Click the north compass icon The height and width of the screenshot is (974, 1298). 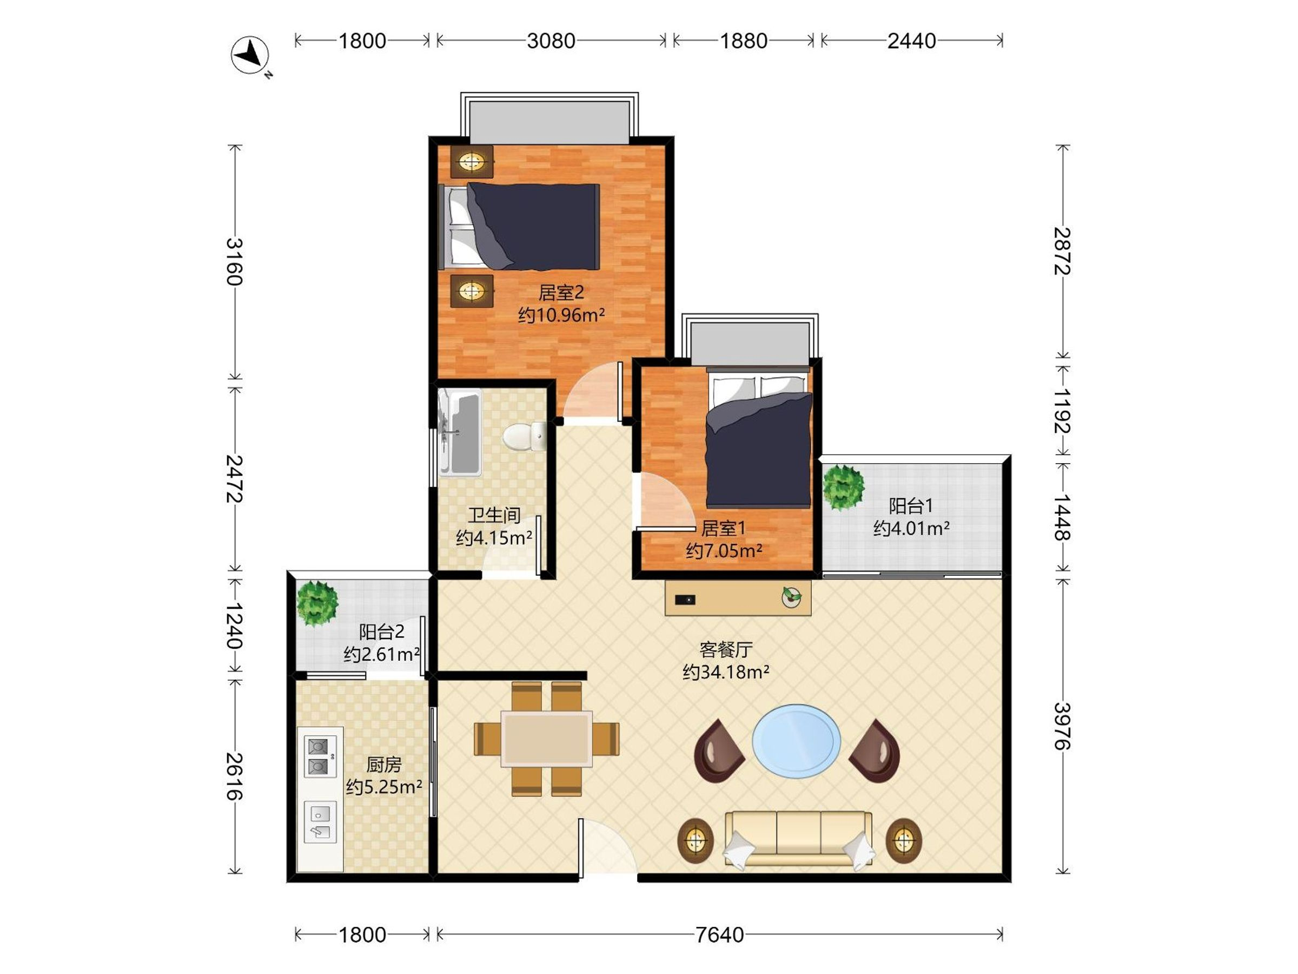[x=250, y=56]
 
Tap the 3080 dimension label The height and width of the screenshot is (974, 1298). [x=551, y=41]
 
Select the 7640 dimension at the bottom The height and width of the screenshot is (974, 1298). [x=719, y=934]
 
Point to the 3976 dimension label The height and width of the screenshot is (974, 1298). [x=1062, y=726]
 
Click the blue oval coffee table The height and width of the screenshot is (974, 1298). [x=796, y=741]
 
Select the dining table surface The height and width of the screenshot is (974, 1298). [x=546, y=739]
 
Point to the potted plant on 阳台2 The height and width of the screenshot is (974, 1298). [x=317, y=603]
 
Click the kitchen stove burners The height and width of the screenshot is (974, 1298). [x=319, y=757]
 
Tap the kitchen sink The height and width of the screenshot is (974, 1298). [x=320, y=822]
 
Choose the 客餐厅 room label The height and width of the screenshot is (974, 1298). [x=726, y=649]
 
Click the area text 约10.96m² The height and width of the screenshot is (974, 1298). [x=561, y=315]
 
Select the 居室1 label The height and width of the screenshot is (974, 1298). [x=724, y=528]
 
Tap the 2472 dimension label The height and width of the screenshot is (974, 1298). [x=235, y=478]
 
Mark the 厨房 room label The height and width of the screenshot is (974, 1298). [x=384, y=765]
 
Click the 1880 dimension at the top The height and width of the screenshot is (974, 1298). [x=744, y=41]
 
